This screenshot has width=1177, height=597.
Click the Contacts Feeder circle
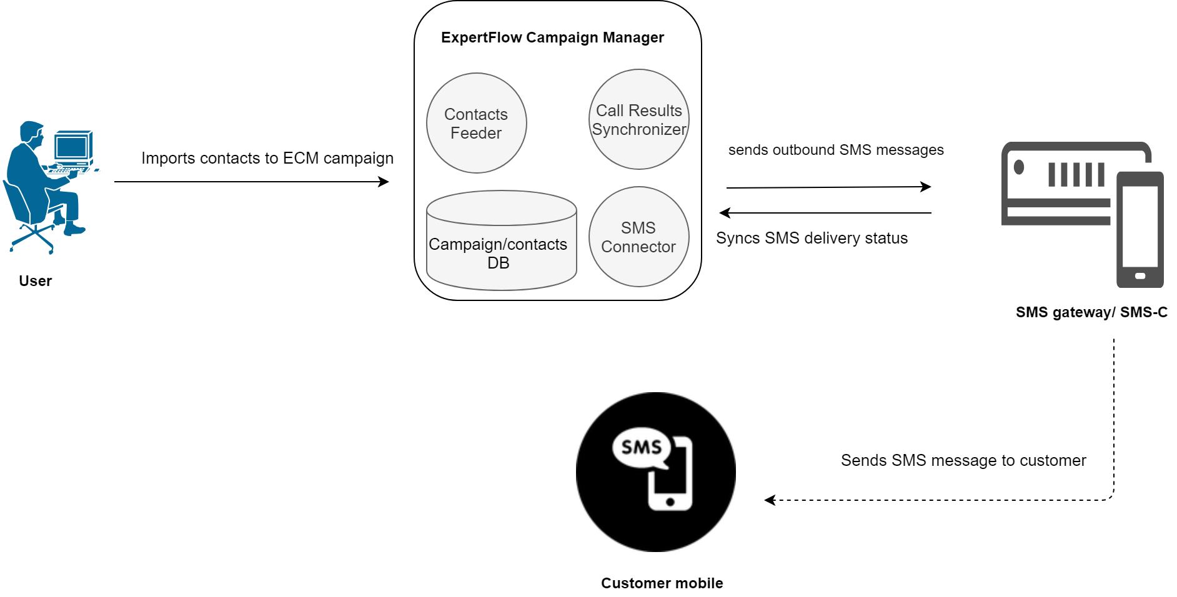[476, 123]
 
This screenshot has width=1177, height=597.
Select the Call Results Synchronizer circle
[638, 119]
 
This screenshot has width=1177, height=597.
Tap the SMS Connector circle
[638, 237]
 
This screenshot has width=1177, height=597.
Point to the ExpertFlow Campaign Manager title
[552, 37]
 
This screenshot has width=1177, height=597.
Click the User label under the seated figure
[35, 281]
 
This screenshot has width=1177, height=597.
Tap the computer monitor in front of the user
[72, 147]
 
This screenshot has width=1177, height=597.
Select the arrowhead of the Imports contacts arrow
[384, 182]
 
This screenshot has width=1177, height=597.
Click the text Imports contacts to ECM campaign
[267, 158]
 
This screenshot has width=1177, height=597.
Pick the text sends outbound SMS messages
[835, 150]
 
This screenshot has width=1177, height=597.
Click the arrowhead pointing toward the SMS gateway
[926, 186]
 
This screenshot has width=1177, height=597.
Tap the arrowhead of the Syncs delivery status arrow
[725, 213]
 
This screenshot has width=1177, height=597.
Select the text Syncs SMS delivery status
[812, 238]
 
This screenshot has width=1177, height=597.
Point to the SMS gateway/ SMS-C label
[1091, 312]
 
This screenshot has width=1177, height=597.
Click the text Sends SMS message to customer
[963, 460]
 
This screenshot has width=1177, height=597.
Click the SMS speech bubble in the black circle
[641, 447]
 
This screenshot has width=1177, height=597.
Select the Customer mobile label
[662, 583]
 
